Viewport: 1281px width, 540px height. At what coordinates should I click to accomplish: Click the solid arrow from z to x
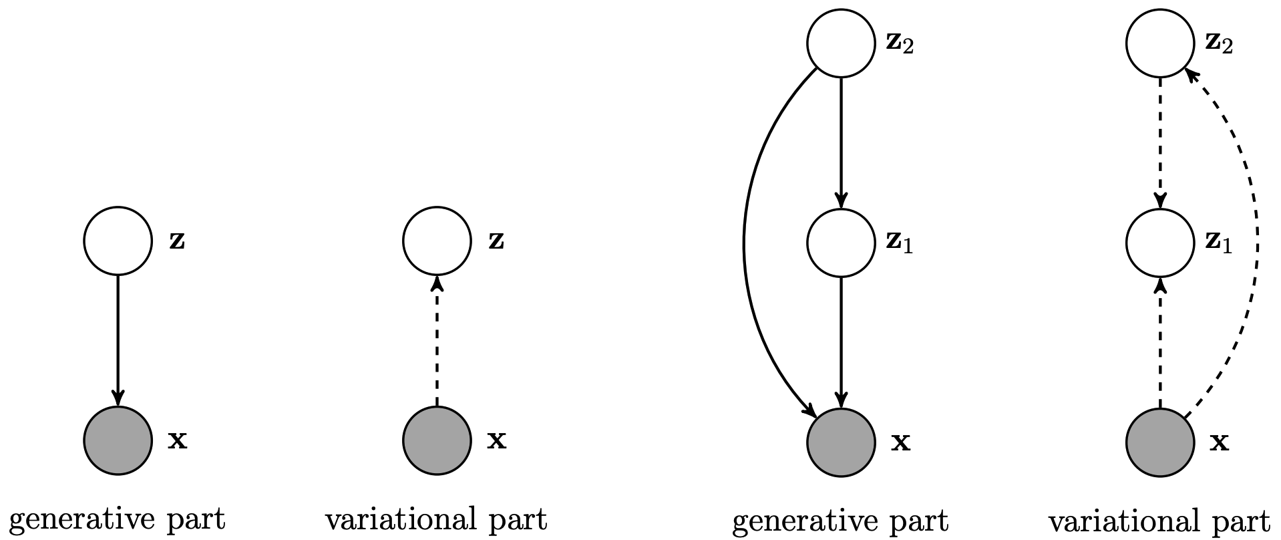pyautogui.click(x=118, y=340)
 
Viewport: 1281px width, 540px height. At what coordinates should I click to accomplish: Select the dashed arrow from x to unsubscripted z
pyautogui.click(x=437, y=341)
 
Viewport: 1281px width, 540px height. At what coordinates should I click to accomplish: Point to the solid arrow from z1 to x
pyautogui.click(x=841, y=342)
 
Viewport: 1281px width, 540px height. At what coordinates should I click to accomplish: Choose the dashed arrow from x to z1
pyautogui.click(x=1160, y=342)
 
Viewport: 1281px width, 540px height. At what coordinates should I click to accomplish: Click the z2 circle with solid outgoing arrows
pyautogui.click(x=841, y=43)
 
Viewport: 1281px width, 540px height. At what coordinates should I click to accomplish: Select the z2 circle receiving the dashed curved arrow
pyautogui.click(x=1160, y=43)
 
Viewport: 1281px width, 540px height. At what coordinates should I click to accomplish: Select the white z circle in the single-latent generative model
pyautogui.click(x=118, y=241)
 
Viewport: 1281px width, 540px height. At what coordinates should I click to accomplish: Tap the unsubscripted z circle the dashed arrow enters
pyautogui.click(x=437, y=241)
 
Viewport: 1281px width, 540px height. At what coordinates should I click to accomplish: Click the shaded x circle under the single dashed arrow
pyautogui.click(x=437, y=440)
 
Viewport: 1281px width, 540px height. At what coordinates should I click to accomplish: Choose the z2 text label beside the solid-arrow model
pyautogui.click(x=900, y=44)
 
